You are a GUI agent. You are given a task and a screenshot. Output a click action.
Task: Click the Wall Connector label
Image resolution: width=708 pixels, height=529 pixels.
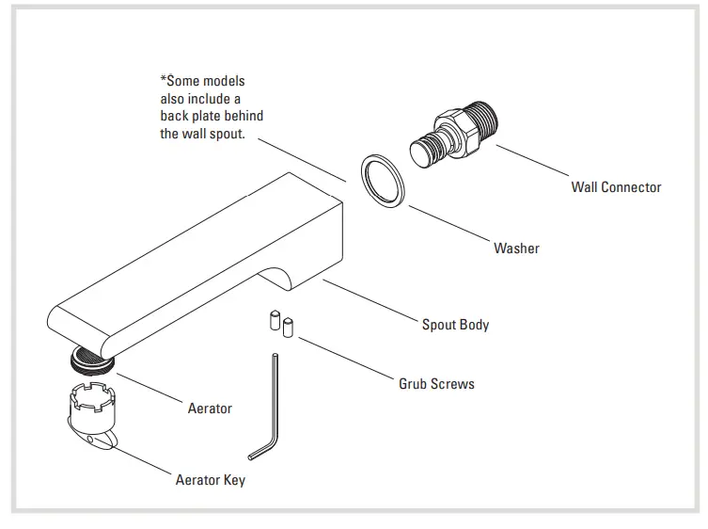[x=616, y=187]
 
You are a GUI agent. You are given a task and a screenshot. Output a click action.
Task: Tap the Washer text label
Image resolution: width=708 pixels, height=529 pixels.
[x=516, y=248]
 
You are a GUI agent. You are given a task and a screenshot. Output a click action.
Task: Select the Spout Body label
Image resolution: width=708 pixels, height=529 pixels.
[x=455, y=325]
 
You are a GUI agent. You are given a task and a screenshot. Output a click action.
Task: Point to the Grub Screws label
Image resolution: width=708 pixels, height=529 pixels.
[x=436, y=384]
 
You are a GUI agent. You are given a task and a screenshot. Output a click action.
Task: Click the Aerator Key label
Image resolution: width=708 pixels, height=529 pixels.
[x=211, y=480]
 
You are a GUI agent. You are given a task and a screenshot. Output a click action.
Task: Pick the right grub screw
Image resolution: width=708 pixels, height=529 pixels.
[x=289, y=327]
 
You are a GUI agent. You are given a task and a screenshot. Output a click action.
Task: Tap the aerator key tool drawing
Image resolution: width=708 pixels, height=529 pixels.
[x=95, y=413]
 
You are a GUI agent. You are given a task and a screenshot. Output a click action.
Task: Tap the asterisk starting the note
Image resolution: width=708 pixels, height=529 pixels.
[x=164, y=80]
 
